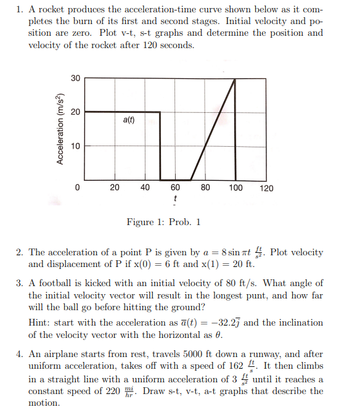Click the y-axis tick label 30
click(x=75, y=78)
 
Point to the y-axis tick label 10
click(x=75, y=146)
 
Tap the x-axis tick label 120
click(x=266, y=188)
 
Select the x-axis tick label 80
click(x=206, y=188)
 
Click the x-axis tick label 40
click(x=145, y=188)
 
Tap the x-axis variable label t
click(x=176, y=199)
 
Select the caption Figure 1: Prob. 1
click(x=163, y=222)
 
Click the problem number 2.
click(x=19, y=252)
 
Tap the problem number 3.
click(x=19, y=283)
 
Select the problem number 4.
click(x=19, y=355)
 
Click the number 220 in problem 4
click(x=113, y=391)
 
